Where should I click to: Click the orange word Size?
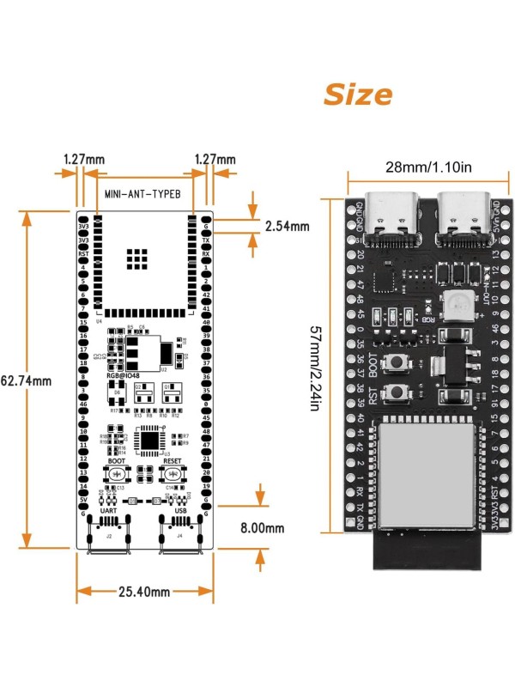point(357,94)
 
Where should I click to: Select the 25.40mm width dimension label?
point(144,591)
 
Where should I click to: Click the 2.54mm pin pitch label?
point(287,227)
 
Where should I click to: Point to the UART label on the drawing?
point(109,510)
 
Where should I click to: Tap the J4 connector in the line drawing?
point(179,533)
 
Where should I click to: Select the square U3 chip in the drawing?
point(151,439)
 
